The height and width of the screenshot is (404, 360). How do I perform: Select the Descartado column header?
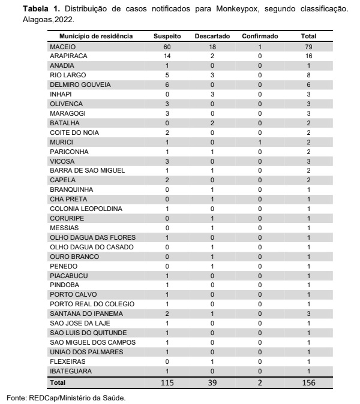coord(212,37)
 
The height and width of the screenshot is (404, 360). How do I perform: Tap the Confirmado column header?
coord(260,37)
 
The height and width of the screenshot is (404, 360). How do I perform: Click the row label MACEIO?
coord(63,46)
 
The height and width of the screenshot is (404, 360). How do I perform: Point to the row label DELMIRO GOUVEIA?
coord(76,85)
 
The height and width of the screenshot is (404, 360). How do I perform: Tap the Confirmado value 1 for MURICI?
coord(260,142)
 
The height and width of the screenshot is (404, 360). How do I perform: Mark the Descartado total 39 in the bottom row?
coord(212,382)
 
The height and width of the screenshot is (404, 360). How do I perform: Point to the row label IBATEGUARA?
coord(70,371)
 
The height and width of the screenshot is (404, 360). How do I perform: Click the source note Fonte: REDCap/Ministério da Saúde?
coord(66,397)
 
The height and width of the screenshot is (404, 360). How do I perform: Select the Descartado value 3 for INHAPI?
coord(212,94)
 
